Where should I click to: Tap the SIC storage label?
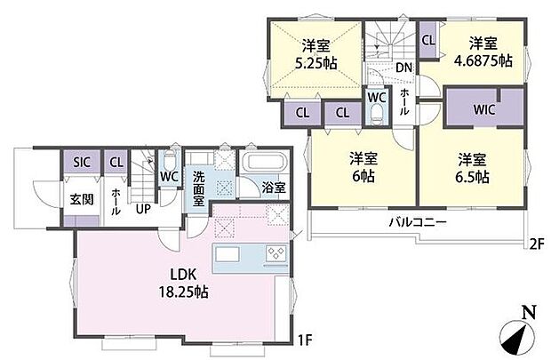[x=81, y=163]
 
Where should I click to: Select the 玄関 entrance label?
[x=71, y=198]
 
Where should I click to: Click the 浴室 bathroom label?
[x=274, y=188]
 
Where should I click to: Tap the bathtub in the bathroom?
[x=262, y=164]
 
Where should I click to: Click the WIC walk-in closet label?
[x=484, y=111]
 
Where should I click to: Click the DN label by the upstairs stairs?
[x=403, y=68]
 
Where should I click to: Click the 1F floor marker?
[x=305, y=339]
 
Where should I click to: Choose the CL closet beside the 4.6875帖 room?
[x=427, y=39]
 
